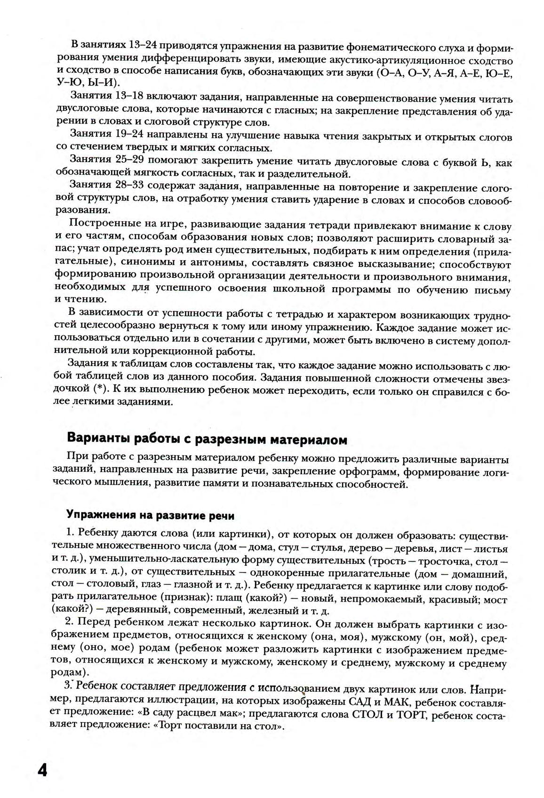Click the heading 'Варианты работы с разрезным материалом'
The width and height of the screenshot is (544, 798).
(x=207, y=440)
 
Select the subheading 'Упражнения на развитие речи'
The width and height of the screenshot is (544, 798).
(x=150, y=515)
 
